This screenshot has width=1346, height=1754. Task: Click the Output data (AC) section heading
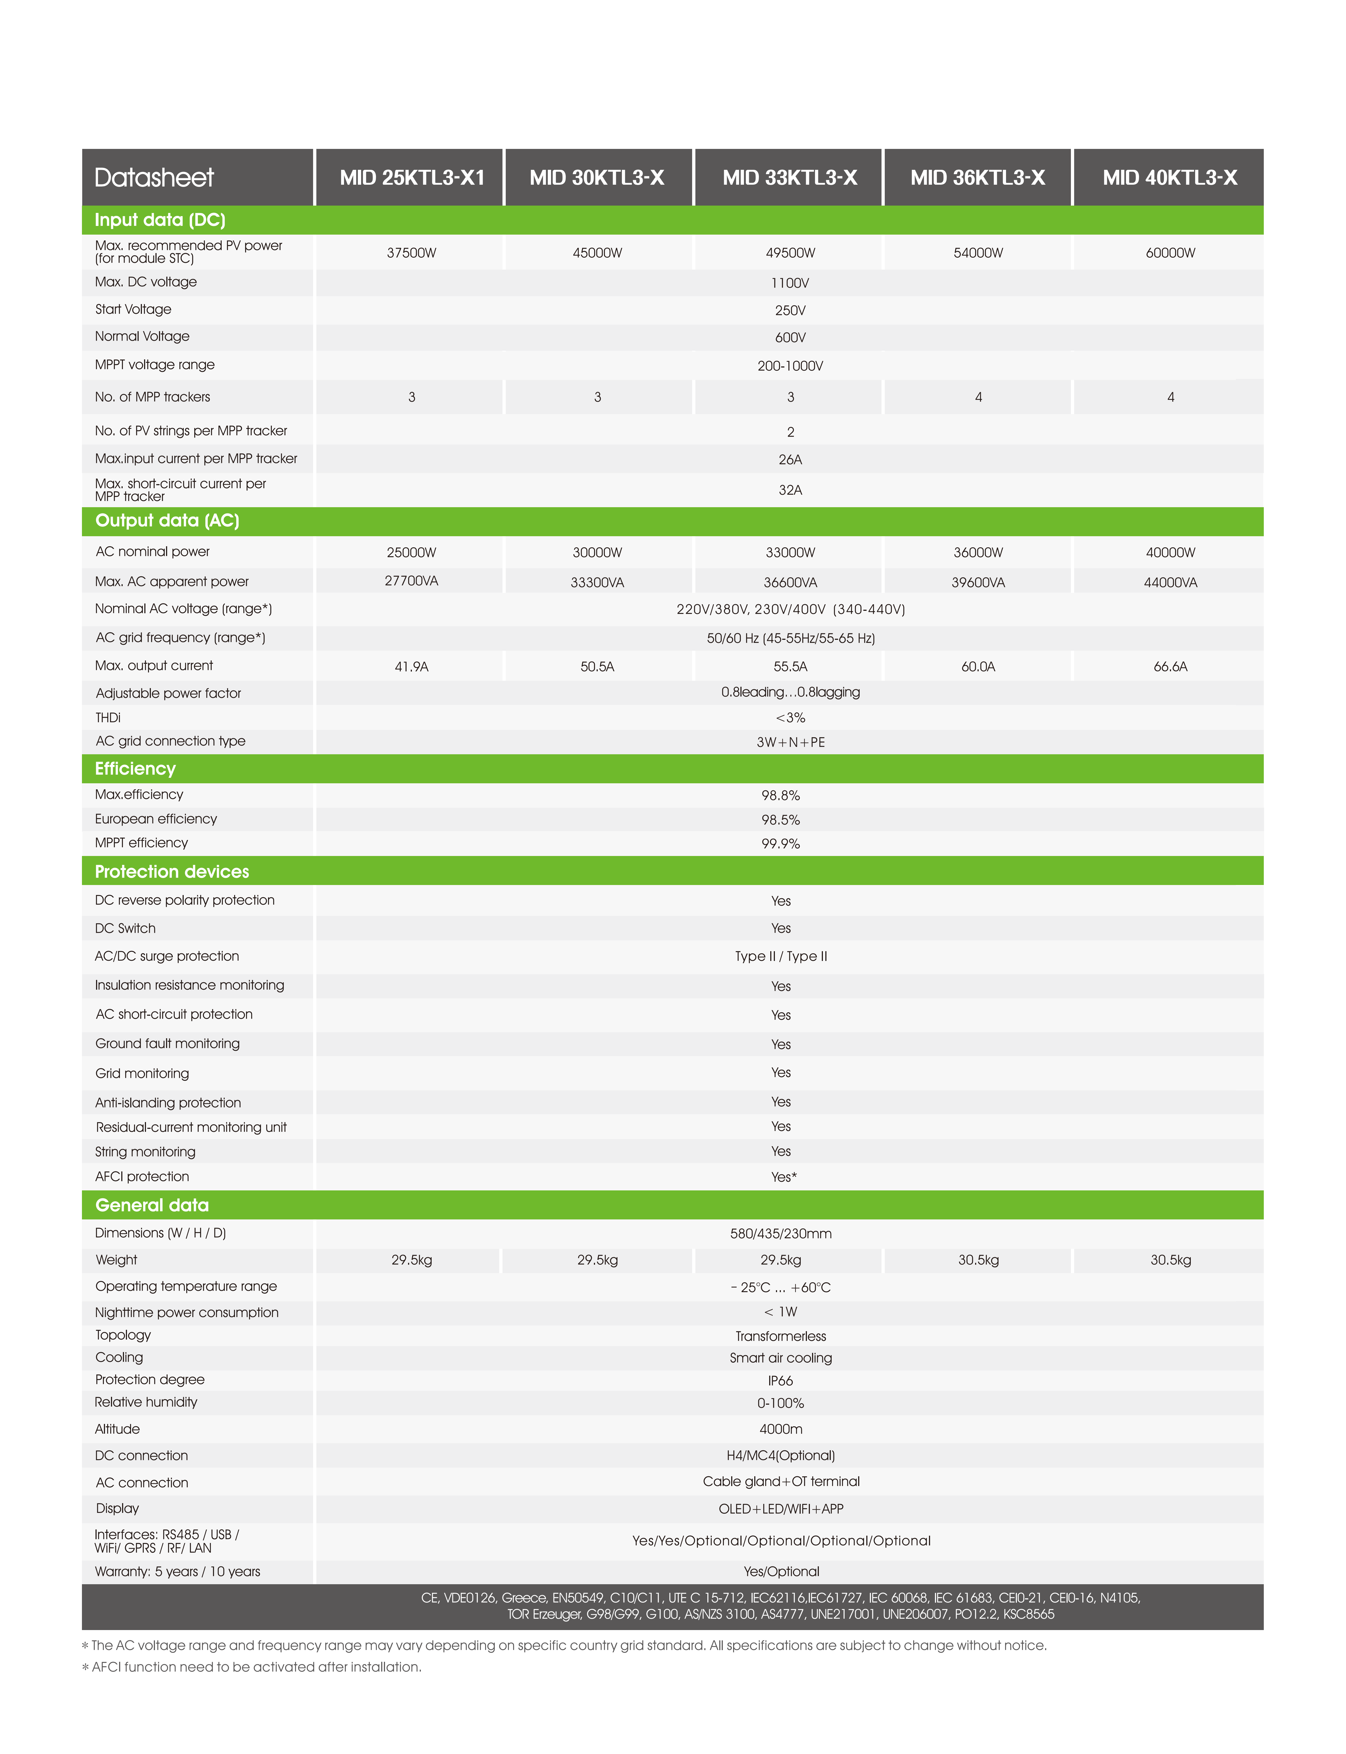tap(167, 520)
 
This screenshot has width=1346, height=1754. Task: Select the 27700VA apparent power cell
tap(411, 581)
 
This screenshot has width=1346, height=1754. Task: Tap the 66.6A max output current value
tap(1170, 666)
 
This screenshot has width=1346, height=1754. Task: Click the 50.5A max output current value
tap(597, 666)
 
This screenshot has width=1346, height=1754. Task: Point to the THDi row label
tap(108, 718)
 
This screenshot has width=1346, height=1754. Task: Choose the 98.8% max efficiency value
tap(780, 795)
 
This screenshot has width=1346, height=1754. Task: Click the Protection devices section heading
tap(171, 871)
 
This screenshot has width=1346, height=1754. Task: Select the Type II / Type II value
tap(780, 956)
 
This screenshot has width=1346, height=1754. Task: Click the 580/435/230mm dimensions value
tap(780, 1234)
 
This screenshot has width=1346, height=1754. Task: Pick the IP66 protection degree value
tap(780, 1381)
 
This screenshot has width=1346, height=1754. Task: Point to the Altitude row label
tap(117, 1429)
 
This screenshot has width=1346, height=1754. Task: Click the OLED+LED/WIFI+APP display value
tap(780, 1509)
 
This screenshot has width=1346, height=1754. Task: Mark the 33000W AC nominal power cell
tap(790, 553)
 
